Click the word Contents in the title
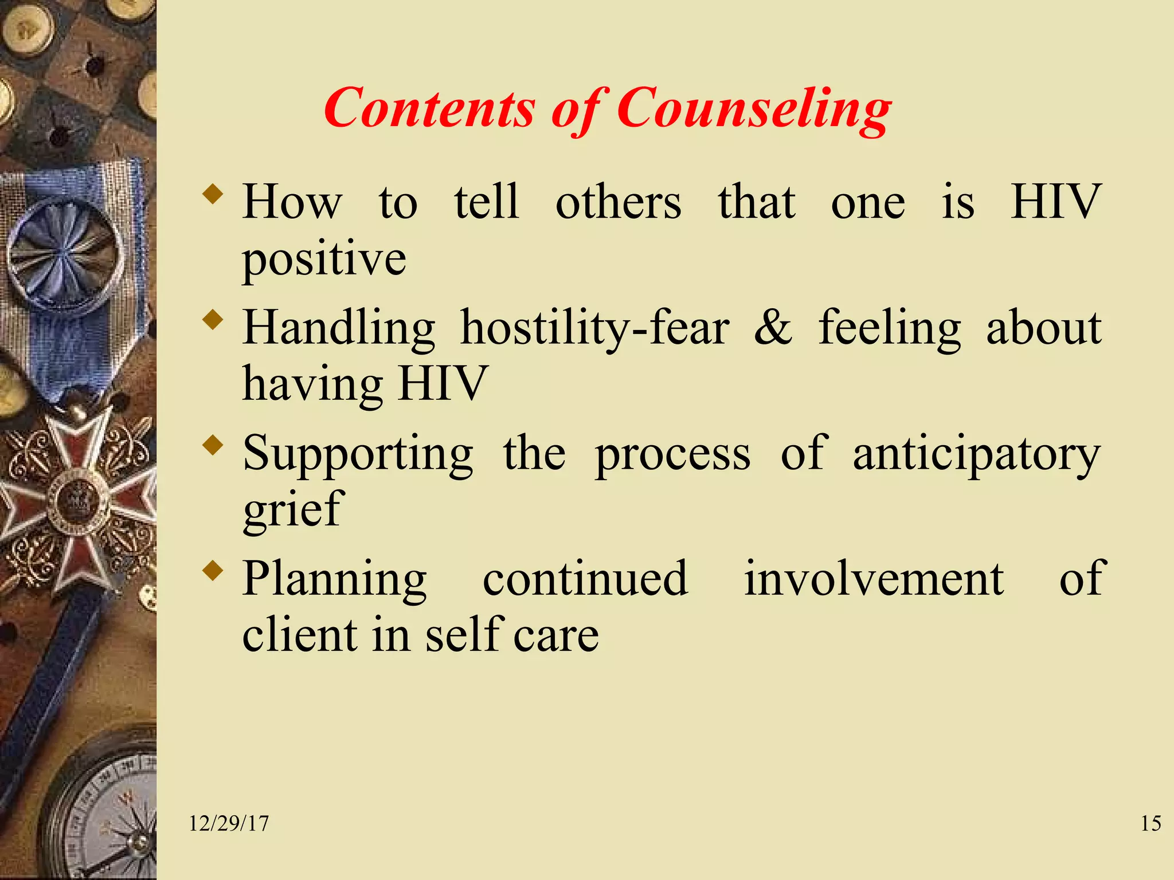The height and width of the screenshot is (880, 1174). tap(429, 109)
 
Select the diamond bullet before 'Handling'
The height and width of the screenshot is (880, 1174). tap(213, 319)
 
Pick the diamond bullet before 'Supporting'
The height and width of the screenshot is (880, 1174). tap(213, 445)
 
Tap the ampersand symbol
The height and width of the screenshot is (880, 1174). tap(773, 328)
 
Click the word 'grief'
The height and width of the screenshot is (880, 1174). tap(293, 510)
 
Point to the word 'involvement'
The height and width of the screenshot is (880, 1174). tap(874, 579)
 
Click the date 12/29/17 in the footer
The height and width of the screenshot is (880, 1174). tap(229, 824)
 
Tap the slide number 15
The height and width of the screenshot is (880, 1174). tap(1150, 824)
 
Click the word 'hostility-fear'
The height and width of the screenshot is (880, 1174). tap(595, 329)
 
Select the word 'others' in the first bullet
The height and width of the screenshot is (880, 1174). tap(619, 203)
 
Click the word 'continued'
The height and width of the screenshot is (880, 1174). tap(585, 579)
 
